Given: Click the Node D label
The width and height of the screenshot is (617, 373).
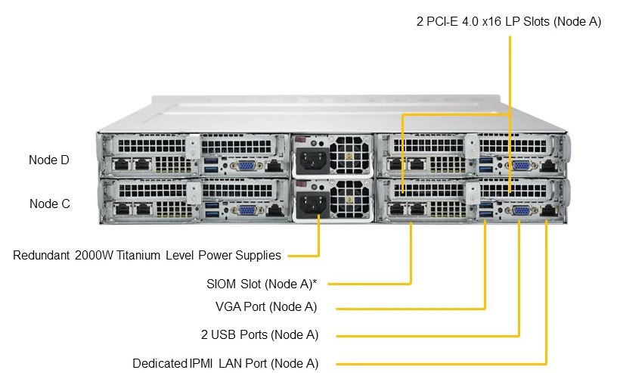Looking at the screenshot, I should click(x=49, y=160).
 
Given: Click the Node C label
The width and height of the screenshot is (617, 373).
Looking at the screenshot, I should click(x=50, y=204).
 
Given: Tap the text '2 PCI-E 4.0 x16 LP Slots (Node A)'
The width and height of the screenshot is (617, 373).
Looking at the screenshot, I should click(x=509, y=22).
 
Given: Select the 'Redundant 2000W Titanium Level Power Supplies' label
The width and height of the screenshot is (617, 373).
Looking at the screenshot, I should click(x=147, y=255).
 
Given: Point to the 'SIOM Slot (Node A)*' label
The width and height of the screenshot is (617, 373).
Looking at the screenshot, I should click(x=261, y=284).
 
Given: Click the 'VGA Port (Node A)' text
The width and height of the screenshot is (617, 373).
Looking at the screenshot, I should click(x=266, y=307).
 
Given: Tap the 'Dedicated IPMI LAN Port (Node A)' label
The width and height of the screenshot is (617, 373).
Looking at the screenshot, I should click(x=225, y=363).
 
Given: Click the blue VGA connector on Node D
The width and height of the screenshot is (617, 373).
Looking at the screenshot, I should click(x=244, y=167).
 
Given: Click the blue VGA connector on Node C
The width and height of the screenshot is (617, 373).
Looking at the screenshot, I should click(x=244, y=211).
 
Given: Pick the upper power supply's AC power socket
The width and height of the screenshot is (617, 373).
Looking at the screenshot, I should click(x=311, y=160).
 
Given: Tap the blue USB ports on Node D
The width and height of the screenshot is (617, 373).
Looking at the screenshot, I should click(x=212, y=165).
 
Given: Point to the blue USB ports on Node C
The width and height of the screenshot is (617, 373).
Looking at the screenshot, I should click(x=212, y=210).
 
